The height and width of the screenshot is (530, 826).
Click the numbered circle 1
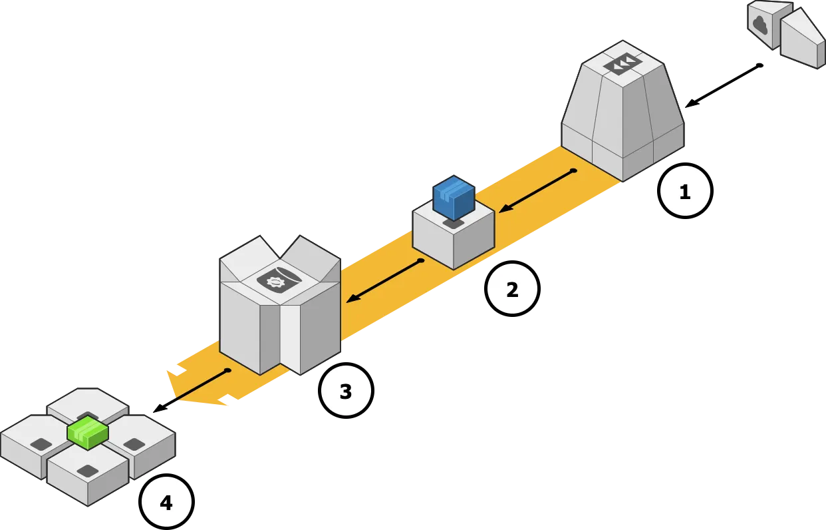(x=685, y=191)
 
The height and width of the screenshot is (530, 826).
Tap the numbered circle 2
(x=512, y=289)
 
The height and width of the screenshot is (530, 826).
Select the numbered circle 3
(x=346, y=391)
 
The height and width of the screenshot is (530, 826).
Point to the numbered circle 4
(x=166, y=502)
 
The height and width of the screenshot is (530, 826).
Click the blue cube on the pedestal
(x=454, y=197)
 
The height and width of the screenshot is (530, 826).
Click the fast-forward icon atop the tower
(x=622, y=64)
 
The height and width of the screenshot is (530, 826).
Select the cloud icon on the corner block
(x=759, y=25)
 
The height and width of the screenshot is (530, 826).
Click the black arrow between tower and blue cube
(x=536, y=191)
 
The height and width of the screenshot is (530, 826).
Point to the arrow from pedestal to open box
(x=384, y=281)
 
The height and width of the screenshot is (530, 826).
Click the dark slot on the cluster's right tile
(x=134, y=444)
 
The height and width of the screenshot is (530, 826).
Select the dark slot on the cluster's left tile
(x=41, y=444)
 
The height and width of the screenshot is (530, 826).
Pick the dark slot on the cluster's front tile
(x=87, y=471)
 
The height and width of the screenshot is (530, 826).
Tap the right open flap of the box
(x=309, y=256)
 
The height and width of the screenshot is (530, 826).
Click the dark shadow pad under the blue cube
(x=454, y=224)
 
